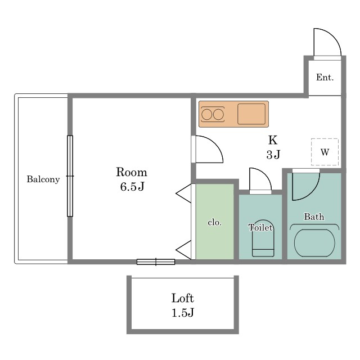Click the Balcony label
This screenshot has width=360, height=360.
point(43,179)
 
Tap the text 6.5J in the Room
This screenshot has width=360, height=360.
point(132,186)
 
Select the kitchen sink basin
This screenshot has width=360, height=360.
point(251,114)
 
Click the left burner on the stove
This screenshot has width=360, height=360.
point(206,114)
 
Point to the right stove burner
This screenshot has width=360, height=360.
point(218,114)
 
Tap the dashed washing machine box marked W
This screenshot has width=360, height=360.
point(325,152)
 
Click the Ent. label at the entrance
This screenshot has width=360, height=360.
point(325,78)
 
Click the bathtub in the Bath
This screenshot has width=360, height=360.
point(314,243)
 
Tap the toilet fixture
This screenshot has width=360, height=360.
point(263,238)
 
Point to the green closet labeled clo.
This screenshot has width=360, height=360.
point(215,222)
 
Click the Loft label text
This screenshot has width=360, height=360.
point(182,298)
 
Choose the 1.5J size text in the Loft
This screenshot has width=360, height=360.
point(183,313)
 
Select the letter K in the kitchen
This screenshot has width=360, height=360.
point(273,140)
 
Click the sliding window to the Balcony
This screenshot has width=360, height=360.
point(70,176)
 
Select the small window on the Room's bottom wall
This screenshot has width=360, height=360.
point(156,262)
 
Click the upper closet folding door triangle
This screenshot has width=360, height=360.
point(184,193)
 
